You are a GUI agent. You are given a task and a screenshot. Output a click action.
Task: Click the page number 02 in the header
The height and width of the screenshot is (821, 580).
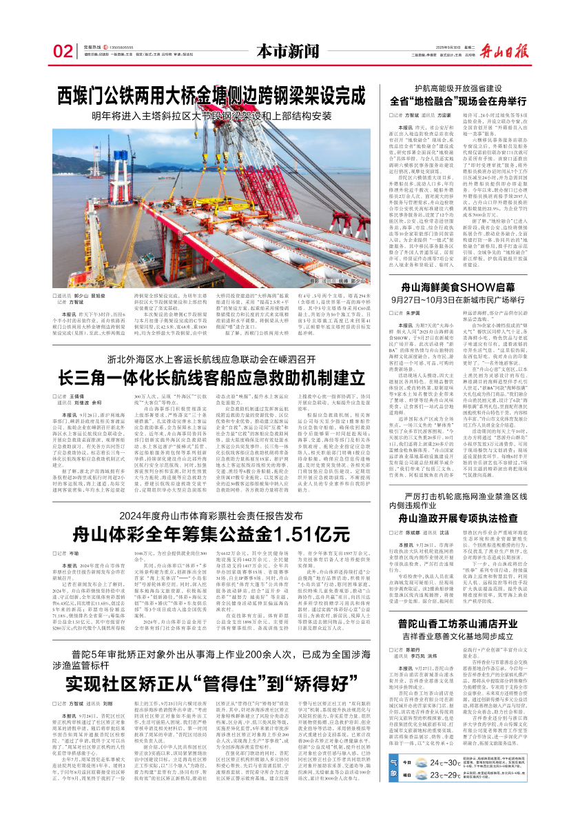click(63, 51)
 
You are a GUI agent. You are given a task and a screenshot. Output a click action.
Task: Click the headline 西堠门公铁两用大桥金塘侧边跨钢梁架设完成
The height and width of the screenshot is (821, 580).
click(206, 95)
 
